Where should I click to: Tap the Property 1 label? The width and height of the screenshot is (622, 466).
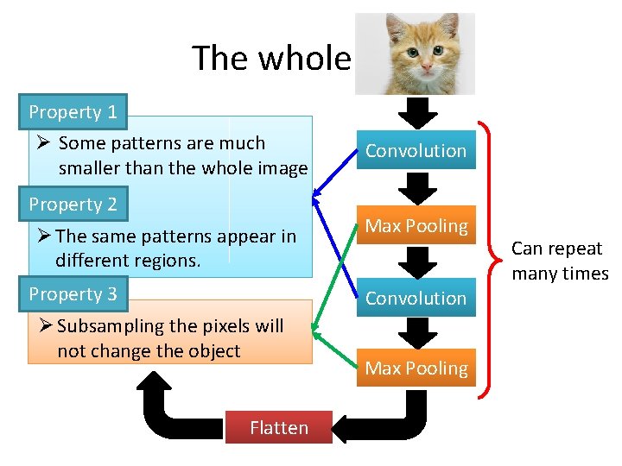point(73,112)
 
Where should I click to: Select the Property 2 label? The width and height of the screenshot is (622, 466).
point(73,205)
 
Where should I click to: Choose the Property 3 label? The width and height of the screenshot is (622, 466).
point(73,294)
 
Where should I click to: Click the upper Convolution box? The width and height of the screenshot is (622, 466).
point(416,150)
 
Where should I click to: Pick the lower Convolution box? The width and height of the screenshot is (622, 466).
point(416,298)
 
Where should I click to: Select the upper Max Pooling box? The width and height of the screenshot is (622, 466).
point(416,226)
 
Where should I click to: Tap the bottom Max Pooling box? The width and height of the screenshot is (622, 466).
point(416,368)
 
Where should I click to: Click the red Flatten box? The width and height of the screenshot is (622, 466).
point(278,428)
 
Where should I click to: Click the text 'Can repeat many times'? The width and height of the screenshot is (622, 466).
point(560,261)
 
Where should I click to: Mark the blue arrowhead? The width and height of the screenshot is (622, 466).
point(319,194)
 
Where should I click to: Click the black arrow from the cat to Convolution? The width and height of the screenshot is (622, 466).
point(417,112)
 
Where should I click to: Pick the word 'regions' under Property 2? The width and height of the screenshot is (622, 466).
point(165,260)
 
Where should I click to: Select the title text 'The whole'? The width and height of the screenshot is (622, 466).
point(271,59)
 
